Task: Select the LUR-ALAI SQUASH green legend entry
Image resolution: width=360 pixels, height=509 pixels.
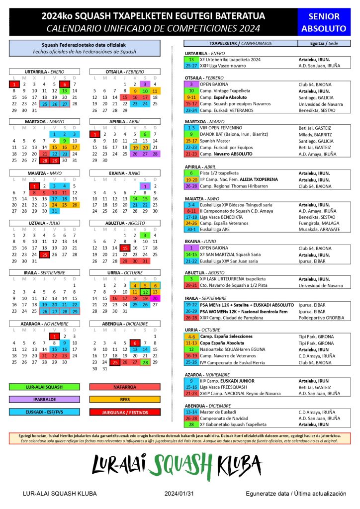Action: coord(44,386)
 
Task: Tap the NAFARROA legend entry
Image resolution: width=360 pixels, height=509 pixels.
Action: coord(125,386)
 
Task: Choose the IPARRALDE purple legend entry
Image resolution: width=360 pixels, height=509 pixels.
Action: coord(44,399)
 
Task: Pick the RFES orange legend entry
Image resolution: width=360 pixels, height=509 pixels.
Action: coord(125,399)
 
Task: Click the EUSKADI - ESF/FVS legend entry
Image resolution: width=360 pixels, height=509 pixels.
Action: coord(44,412)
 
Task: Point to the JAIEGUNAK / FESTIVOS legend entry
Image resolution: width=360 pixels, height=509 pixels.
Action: coord(125,412)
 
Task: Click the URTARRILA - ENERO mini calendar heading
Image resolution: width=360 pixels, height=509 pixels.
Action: coord(44,72)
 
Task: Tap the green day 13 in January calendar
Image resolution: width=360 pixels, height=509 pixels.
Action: coord(64,91)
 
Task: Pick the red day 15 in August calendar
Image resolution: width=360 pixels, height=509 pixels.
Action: coord(125,248)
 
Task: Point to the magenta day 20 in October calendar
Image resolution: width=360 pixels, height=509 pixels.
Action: coord(155,298)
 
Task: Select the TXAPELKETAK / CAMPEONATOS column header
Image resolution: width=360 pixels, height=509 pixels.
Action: coord(241,43)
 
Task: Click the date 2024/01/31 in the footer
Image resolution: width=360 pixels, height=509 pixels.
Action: coord(180,494)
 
